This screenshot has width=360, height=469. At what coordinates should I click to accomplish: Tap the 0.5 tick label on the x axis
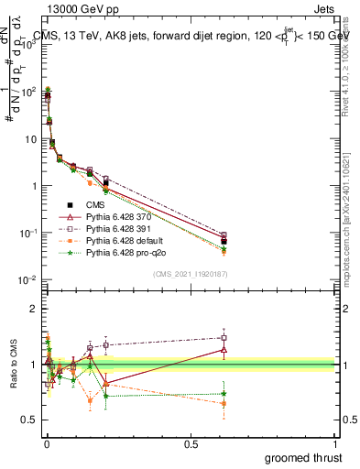[191, 444]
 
